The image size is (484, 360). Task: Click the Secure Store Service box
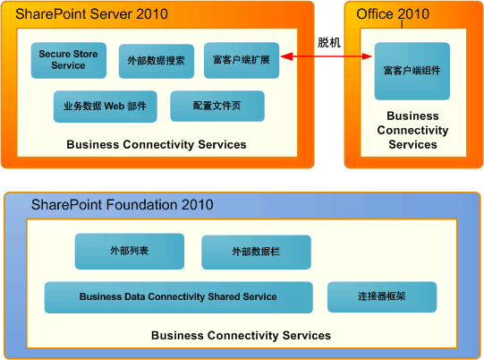[x=68, y=60]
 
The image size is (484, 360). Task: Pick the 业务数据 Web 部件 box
[x=105, y=106]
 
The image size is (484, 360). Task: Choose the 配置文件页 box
[x=217, y=106]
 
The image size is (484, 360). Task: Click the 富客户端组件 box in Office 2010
[x=412, y=71]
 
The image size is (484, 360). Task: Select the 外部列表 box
[x=129, y=252]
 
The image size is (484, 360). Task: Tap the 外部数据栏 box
[x=256, y=253]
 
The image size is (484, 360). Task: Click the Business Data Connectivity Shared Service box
[x=178, y=297]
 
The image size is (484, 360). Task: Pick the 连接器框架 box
[x=382, y=296]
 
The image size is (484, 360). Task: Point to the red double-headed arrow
[x=327, y=57]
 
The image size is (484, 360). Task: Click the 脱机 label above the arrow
[x=328, y=42]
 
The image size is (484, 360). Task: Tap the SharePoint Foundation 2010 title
[x=123, y=205]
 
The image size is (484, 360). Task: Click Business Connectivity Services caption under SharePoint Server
[x=157, y=144]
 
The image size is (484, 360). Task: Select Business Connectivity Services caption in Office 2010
[x=412, y=130]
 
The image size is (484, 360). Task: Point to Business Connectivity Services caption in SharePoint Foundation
[x=241, y=336]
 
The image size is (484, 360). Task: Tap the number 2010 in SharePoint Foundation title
[x=196, y=205]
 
